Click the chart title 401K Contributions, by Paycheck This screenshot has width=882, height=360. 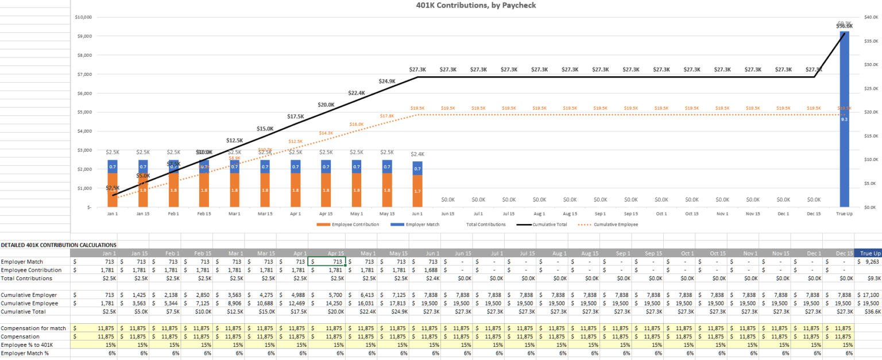[x=476, y=5]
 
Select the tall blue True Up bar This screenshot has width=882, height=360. [x=844, y=126]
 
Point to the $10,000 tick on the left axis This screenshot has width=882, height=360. [x=83, y=17]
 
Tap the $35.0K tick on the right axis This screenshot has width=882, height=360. [x=871, y=41]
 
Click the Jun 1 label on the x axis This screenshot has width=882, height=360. [x=417, y=214]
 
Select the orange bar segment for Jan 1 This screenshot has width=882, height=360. [x=113, y=189]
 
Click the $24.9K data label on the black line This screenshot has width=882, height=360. [x=387, y=82]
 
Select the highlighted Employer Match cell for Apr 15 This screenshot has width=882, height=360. [x=327, y=262]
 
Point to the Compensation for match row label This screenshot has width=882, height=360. [x=33, y=328]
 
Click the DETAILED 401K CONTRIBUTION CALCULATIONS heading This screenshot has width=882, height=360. [x=59, y=245]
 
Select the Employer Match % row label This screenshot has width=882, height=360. [x=25, y=353]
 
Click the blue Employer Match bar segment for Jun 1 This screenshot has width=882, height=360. [x=417, y=169]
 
